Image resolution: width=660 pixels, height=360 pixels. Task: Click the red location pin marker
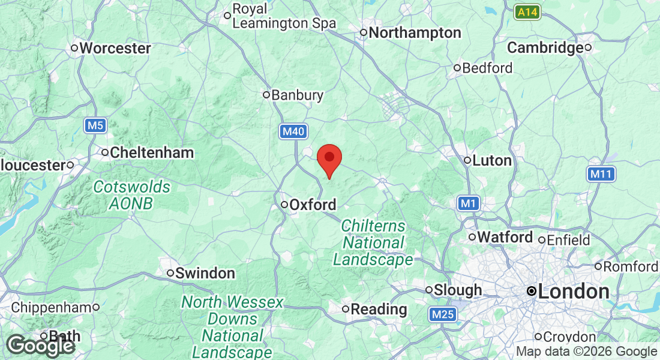(x=329, y=159)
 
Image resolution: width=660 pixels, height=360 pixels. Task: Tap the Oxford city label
(x=313, y=205)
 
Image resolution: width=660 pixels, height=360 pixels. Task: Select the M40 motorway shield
(x=293, y=131)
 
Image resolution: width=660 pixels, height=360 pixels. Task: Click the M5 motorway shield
(x=95, y=125)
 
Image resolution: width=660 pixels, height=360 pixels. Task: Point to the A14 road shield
(x=527, y=11)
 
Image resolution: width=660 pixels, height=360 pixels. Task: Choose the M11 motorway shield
(x=601, y=174)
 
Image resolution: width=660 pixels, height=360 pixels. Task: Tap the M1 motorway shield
(x=469, y=204)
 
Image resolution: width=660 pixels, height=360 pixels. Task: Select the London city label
(x=574, y=292)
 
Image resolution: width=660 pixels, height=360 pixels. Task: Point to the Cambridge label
(x=545, y=48)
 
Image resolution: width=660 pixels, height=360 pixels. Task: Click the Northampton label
(x=415, y=32)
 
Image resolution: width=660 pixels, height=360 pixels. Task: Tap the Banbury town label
(x=297, y=95)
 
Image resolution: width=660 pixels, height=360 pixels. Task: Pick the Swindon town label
(x=205, y=274)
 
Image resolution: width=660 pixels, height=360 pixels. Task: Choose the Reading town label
(x=379, y=310)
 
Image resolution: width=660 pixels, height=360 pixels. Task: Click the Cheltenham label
(x=151, y=153)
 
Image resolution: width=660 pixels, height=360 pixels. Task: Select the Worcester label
(x=115, y=48)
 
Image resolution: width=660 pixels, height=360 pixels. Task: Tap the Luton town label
(x=492, y=161)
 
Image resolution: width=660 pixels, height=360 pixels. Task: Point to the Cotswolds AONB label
(x=131, y=195)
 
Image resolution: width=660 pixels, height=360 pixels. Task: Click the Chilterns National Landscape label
(x=373, y=243)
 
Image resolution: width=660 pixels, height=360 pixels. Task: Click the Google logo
(x=41, y=346)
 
